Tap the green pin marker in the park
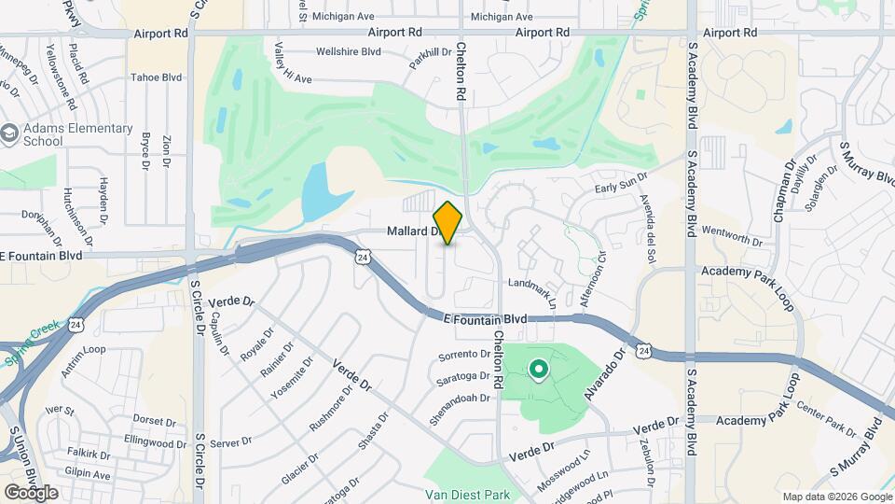coord(538,371)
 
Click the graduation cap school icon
coord(9,134)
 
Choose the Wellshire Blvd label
coord(350,51)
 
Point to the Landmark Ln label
coord(532,291)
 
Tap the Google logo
coord(31,492)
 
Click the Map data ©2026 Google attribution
coord(836,497)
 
